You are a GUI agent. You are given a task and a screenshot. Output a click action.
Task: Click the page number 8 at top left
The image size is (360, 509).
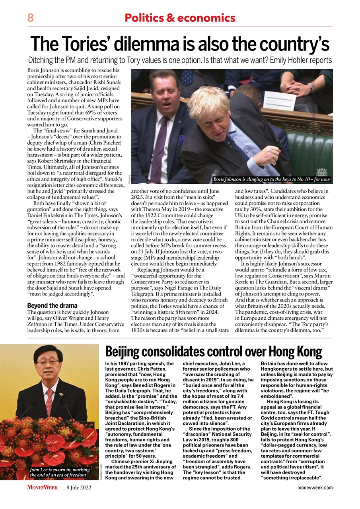(30, 18)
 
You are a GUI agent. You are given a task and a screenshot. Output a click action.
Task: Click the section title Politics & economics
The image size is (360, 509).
(180, 18)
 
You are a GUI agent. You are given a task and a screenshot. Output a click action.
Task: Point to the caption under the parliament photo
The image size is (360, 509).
(271, 179)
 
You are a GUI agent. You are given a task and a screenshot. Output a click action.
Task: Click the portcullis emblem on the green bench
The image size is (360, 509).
(321, 172)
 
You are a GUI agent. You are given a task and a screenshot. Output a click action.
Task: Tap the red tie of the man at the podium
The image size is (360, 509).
(49, 402)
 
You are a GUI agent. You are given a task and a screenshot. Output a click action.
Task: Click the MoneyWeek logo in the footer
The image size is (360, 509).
(43, 487)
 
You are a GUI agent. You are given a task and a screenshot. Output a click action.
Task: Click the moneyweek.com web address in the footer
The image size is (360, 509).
(315, 488)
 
